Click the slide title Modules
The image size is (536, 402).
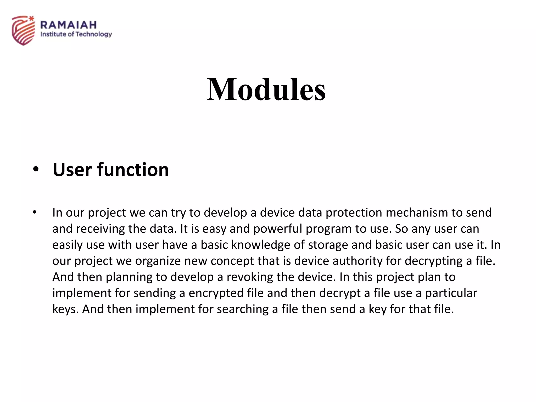[x=266, y=90]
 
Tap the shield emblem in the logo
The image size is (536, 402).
[x=23, y=31]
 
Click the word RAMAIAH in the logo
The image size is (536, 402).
[x=69, y=25]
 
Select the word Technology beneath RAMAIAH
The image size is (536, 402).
[x=94, y=34]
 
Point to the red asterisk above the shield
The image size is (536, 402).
[x=31, y=18]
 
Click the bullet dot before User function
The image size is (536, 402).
[x=36, y=169]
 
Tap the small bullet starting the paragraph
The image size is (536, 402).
[x=35, y=212]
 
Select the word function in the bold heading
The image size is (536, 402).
[x=133, y=170]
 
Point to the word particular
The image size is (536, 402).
[x=451, y=293]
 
